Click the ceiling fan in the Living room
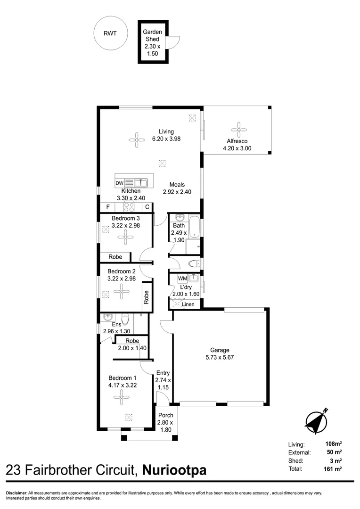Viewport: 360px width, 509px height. coord(137,139)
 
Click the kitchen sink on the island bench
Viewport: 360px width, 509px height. coord(140,182)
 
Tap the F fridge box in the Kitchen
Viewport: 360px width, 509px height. coord(108,207)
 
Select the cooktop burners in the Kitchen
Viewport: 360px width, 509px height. coord(130,207)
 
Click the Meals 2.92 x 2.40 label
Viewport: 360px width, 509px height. coord(177,188)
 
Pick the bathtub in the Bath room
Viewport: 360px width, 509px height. coord(195,227)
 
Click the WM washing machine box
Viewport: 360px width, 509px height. coord(182,278)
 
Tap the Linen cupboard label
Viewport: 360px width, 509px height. coord(188,304)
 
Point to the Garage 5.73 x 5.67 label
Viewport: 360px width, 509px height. coord(220,353)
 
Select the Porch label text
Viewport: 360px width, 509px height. coord(166,415)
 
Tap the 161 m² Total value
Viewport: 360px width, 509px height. coord(333,469)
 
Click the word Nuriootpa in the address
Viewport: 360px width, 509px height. coord(174,470)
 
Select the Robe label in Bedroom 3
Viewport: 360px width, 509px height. coord(115,257)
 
